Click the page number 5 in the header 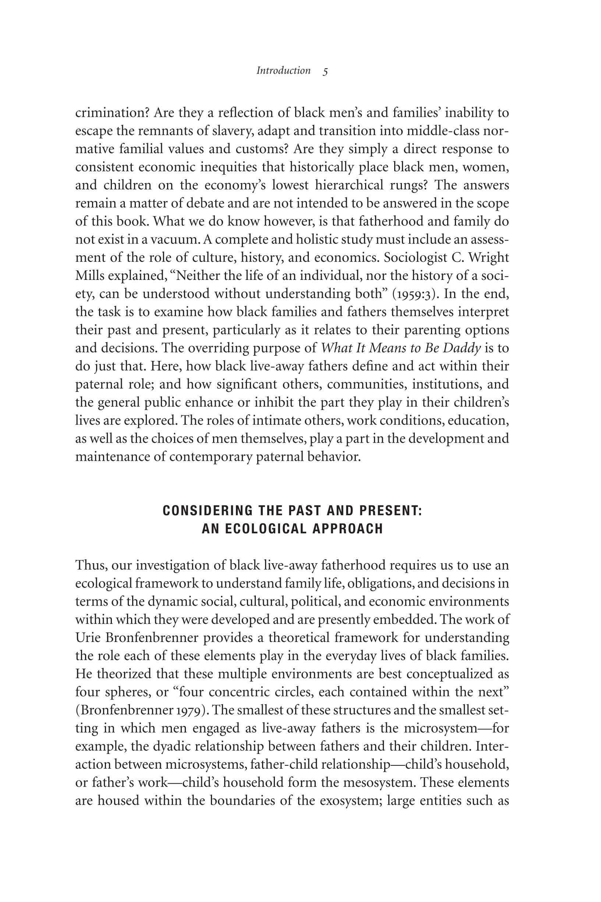point(325,71)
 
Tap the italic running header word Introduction point(283,71)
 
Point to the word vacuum point(175,240)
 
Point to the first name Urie point(87,638)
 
